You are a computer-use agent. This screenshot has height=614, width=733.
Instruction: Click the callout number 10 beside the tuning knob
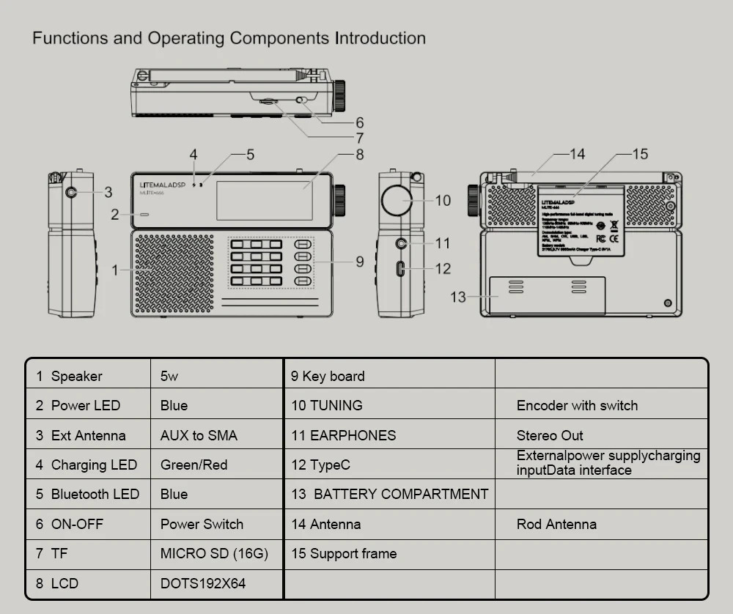[x=443, y=200]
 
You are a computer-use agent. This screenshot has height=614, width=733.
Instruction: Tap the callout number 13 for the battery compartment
[x=458, y=297]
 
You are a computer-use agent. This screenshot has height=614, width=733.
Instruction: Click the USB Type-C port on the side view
[x=400, y=268]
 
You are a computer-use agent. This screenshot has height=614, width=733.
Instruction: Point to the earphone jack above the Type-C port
[x=400, y=243]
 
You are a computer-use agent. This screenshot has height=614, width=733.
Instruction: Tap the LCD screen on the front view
[x=264, y=199]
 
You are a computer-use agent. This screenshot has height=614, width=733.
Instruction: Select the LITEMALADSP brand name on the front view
[x=163, y=185]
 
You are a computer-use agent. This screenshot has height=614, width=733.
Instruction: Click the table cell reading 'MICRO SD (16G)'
[x=214, y=554]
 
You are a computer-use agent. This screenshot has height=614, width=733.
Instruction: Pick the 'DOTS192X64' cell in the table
[x=203, y=584]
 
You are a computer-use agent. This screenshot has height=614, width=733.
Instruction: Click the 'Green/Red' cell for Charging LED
[x=194, y=465]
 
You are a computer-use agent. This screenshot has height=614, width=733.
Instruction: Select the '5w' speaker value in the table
[x=169, y=377]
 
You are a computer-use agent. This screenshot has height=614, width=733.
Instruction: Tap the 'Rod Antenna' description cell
[x=556, y=525]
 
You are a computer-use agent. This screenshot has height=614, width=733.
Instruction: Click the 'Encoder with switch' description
[x=577, y=406]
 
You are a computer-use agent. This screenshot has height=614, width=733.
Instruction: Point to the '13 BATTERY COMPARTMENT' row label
[x=389, y=495]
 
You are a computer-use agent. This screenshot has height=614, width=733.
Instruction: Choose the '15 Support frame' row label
[x=344, y=554]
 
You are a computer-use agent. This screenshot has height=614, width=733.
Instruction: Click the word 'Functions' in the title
[x=70, y=38]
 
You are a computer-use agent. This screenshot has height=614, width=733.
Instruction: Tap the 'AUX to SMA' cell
[x=199, y=436]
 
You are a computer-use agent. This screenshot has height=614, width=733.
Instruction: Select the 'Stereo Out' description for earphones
[x=550, y=436]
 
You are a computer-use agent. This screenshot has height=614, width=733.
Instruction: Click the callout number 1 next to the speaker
[x=114, y=270]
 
